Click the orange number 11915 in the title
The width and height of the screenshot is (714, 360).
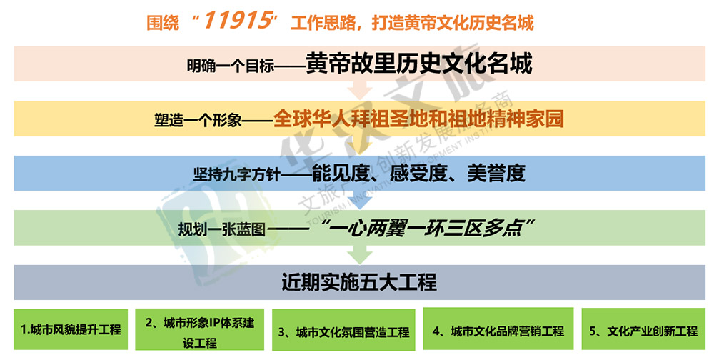tap(237, 21)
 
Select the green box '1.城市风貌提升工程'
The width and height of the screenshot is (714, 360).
tap(71, 329)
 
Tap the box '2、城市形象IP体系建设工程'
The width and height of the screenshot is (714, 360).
tap(199, 329)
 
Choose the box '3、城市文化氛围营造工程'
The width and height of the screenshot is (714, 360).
tap(344, 331)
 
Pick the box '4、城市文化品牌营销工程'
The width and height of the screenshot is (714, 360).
tap(498, 329)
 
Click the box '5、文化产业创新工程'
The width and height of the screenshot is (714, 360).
tap(643, 329)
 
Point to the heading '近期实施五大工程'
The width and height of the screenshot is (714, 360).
tap(359, 282)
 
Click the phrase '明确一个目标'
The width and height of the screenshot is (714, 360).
tap(231, 66)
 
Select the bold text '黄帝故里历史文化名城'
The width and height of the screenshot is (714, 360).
tap(419, 63)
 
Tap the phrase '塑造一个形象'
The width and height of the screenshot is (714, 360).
tap(198, 120)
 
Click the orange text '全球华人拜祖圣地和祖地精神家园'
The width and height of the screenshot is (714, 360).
tap(418, 119)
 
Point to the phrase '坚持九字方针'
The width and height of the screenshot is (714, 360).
tap(237, 175)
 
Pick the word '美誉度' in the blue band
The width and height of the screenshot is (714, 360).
tap(496, 173)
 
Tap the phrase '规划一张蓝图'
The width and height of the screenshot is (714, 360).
tap(222, 229)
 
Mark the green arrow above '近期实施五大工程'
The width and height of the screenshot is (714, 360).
tap(360, 255)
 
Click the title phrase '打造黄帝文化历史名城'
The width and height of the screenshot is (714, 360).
tap(453, 22)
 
